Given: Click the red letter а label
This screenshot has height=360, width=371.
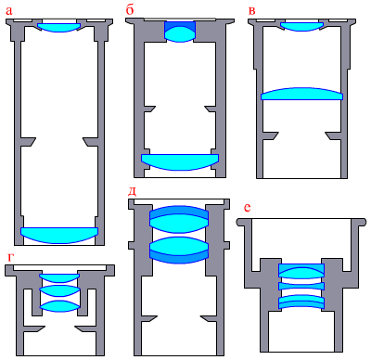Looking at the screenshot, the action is point(9,11).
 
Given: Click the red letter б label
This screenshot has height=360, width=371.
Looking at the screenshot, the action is point(130,9).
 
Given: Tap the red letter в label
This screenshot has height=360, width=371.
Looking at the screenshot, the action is point(252,11).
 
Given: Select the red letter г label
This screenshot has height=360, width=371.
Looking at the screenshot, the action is point(10,258).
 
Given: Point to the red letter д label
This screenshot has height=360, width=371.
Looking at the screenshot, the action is point(133,192).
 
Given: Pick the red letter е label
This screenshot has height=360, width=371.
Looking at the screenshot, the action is point(247,208).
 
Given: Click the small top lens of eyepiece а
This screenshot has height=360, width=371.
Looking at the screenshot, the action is point(58,27).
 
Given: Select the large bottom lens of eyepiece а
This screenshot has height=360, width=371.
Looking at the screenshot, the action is point(59,235).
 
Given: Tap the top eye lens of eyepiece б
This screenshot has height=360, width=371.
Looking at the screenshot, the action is point(180,32).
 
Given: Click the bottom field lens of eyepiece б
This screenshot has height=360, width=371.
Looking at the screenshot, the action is point(180,161).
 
